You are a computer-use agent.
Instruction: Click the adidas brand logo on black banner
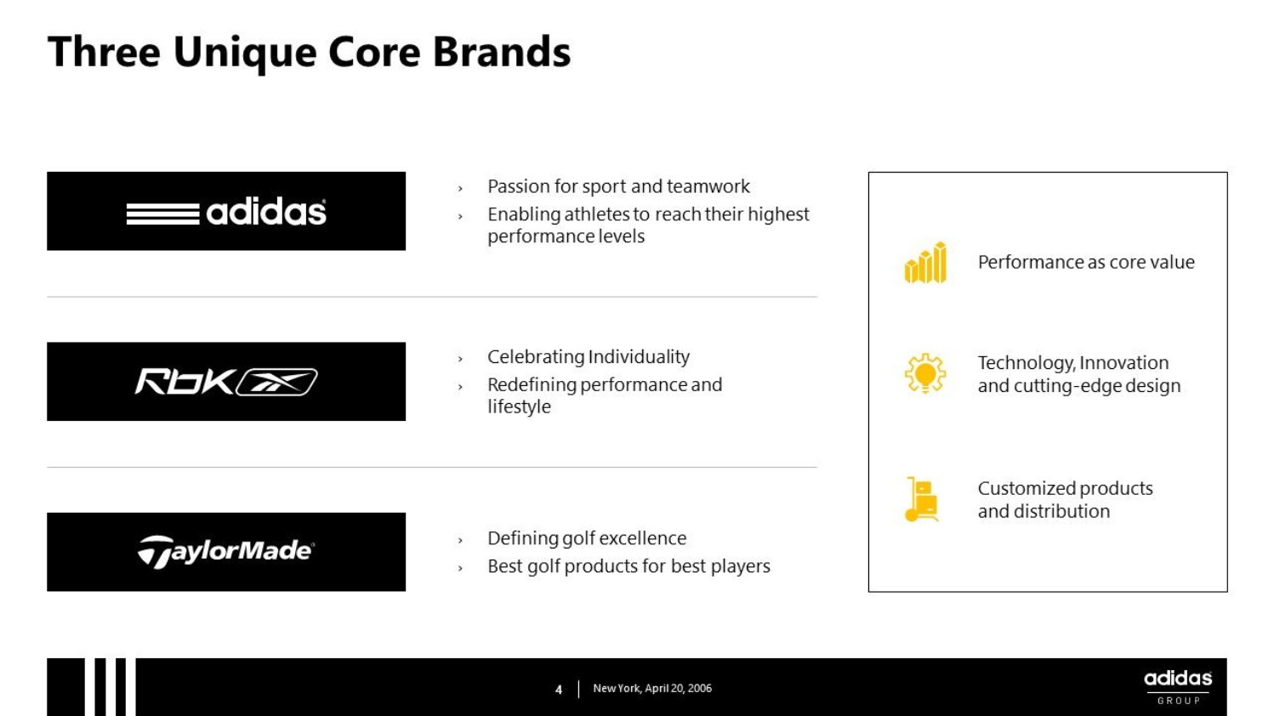(x=226, y=212)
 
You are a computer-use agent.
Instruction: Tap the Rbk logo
(x=226, y=382)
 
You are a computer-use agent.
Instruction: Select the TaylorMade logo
(x=225, y=552)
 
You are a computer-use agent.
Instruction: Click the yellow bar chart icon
(x=925, y=262)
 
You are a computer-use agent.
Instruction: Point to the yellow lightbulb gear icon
(x=925, y=373)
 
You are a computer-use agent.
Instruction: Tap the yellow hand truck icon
(x=922, y=499)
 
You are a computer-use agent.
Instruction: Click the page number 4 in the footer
(x=559, y=690)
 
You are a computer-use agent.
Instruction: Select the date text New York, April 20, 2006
(x=652, y=688)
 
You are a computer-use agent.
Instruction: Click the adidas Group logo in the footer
(x=1178, y=687)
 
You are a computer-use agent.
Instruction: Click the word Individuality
(x=640, y=357)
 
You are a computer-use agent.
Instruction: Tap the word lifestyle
(x=520, y=407)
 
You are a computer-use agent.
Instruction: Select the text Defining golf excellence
(x=587, y=538)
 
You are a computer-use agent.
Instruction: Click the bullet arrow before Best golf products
(x=460, y=568)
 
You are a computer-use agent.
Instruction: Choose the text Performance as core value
(x=1086, y=262)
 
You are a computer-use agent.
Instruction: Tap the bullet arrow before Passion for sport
(x=460, y=188)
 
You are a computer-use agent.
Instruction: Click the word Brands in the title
(x=502, y=53)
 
